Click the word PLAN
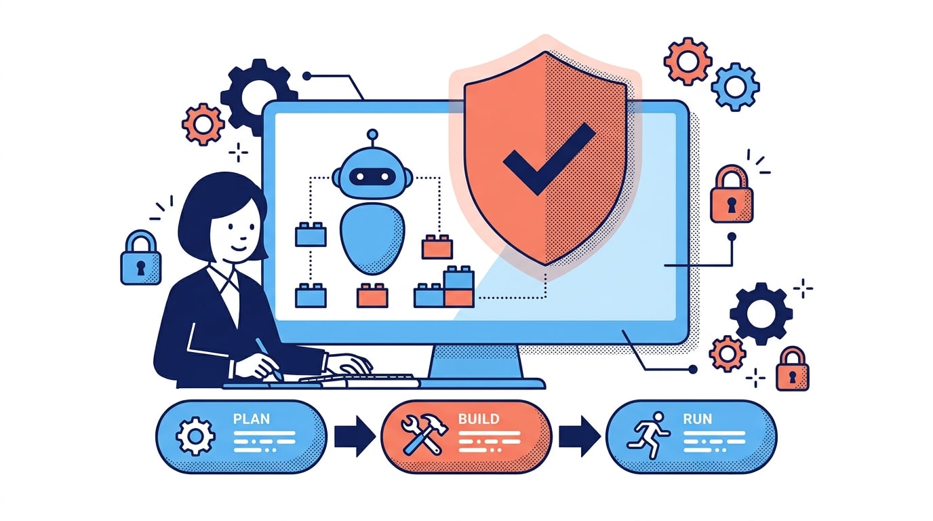click(x=251, y=419)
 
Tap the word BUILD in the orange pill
click(x=479, y=419)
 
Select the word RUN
click(x=697, y=419)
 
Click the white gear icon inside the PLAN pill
click(x=195, y=436)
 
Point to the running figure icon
click(x=648, y=435)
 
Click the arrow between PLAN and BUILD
click(x=355, y=436)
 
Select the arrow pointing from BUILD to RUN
click(x=579, y=436)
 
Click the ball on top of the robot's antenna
click(x=372, y=134)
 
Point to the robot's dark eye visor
click(x=372, y=177)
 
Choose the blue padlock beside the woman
click(x=141, y=258)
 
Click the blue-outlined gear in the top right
click(x=735, y=87)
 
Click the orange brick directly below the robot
click(x=372, y=296)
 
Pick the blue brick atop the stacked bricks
click(x=458, y=277)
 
